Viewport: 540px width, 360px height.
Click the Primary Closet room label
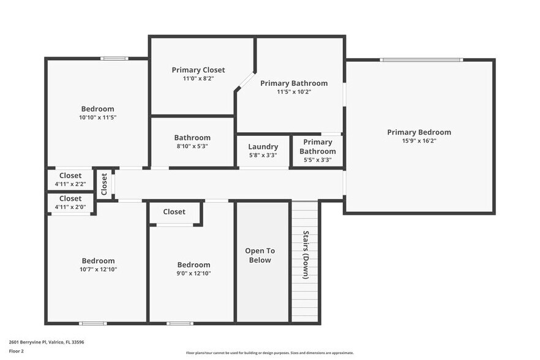point(198,70)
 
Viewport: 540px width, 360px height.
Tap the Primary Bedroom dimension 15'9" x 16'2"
point(419,141)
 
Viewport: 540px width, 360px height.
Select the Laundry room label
point(263,147)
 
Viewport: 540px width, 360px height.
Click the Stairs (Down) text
point(306,255)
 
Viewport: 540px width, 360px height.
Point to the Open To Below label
point(260,255)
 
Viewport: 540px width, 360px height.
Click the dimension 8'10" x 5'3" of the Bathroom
point(192,146)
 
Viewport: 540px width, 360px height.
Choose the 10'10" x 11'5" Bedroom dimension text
point(97,118)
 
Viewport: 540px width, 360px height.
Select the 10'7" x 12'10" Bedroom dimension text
point(98,269)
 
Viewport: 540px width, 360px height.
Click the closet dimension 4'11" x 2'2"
point(70,184)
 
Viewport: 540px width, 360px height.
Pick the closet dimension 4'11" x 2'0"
point(70,207)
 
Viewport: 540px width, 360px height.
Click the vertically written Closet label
point(104,184)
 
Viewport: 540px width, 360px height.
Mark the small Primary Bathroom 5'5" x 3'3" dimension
point(317,160)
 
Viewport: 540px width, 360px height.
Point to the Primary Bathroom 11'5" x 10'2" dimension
point(294,92)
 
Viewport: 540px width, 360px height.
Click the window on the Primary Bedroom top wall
point(421,60)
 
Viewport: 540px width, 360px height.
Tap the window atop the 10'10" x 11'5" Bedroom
point(114,59)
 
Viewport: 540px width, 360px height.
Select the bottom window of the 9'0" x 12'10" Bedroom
point(179,323)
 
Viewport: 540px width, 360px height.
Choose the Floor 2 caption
point(16,351)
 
